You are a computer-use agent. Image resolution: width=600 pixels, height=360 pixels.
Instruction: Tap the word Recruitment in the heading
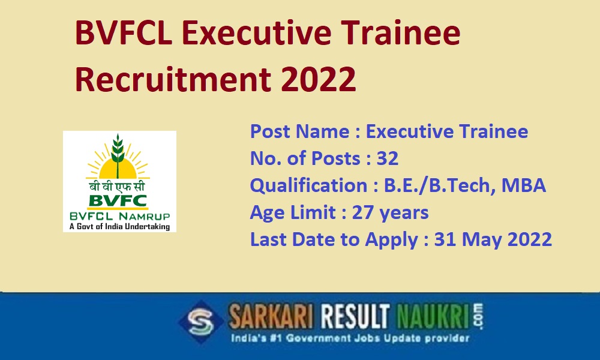[173, 79]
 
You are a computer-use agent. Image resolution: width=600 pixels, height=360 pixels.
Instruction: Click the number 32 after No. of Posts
[387, 158]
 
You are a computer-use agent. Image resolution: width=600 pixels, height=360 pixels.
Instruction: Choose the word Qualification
[308, 185]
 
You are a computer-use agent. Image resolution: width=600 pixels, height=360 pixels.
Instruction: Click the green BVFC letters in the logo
[118, 200]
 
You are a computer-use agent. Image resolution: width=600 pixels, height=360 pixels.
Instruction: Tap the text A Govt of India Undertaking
[119, 226]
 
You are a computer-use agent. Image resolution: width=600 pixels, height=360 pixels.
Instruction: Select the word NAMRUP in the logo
[144, 217]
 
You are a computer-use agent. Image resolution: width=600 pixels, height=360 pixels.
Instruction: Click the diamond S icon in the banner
[201, 322]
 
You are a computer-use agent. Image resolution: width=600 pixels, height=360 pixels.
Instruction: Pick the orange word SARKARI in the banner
[271, 317]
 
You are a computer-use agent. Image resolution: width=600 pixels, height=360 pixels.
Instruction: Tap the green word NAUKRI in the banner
[433, 317]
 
